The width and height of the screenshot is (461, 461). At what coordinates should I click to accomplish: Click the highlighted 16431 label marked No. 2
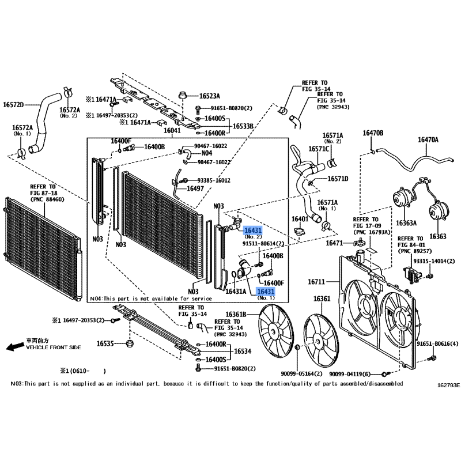point(253,230)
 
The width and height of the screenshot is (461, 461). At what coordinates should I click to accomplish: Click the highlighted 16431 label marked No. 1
point(266,292)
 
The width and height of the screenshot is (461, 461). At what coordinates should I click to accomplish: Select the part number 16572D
point(13,105)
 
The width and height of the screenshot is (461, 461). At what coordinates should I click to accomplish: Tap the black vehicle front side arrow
point(15,347)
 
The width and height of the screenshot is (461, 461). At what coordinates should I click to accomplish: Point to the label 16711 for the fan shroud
point(316,282)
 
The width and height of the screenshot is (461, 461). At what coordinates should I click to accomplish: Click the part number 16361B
point(236,315)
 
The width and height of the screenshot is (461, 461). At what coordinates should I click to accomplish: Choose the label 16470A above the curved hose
point(428,139)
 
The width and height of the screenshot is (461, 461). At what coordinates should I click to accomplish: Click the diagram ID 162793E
point(448,385)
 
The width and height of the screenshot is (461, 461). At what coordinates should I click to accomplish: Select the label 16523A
point(210,96)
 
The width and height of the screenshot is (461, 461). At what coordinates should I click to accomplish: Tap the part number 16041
point(172,130)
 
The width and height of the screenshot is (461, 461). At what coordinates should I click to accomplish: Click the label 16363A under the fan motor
point(406,223)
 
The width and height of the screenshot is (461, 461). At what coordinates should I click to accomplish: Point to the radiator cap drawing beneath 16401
point(300,231)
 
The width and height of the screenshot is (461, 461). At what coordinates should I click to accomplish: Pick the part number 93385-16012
point(214,180)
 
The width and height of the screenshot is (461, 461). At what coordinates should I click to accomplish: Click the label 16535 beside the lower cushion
point(105,343)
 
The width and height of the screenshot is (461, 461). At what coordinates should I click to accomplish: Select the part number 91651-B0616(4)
point(437,343)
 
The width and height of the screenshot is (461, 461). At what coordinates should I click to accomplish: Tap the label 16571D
point(338,179)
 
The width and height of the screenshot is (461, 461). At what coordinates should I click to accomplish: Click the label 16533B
point(243,126)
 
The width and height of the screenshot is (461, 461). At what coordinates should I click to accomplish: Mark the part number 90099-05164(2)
point(301,373)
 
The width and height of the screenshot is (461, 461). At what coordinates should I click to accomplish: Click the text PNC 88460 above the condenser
point(47,199)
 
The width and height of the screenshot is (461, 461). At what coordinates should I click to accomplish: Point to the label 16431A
point(236,292)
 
